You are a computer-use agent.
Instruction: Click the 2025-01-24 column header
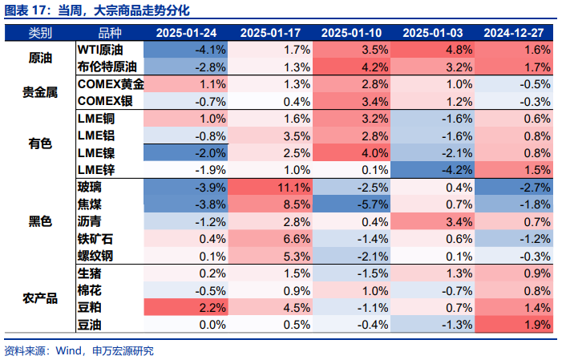(186, 33)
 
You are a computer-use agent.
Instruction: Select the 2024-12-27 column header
(514, 33)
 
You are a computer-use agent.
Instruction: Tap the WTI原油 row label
(100, 50)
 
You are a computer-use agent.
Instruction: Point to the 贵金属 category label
(40, 92)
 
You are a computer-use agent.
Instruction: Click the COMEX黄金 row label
(111, 84)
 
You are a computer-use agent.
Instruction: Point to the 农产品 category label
(40, 298)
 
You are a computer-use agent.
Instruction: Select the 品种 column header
(110, 33)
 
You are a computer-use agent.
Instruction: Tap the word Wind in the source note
(68, 350)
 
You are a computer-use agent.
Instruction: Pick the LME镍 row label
(96, 153)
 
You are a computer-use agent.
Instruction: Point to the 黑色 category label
(40, 221)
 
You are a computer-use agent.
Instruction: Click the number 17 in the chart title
(39, 10)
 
